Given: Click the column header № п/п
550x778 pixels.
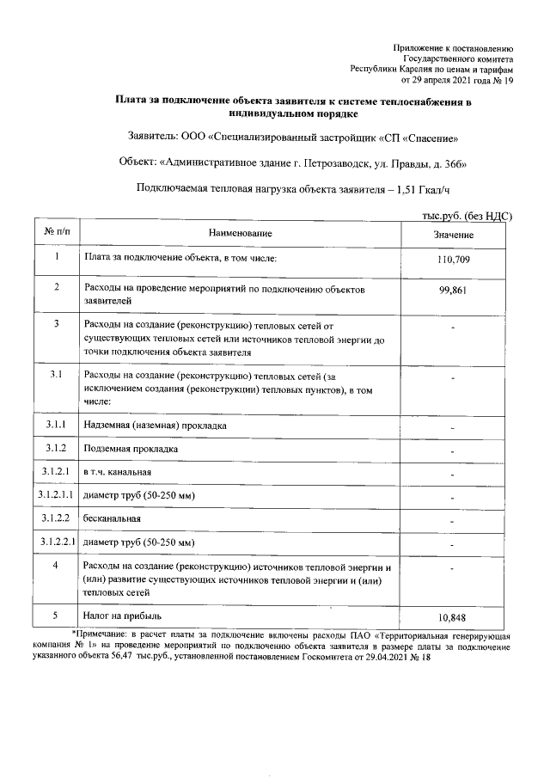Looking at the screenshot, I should tap(56, 233).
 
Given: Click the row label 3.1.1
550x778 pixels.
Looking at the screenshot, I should tap(56, 425).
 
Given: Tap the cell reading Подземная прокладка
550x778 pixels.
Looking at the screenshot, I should tap(130, 449).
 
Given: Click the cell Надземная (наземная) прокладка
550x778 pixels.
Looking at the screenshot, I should tap(155, 426).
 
